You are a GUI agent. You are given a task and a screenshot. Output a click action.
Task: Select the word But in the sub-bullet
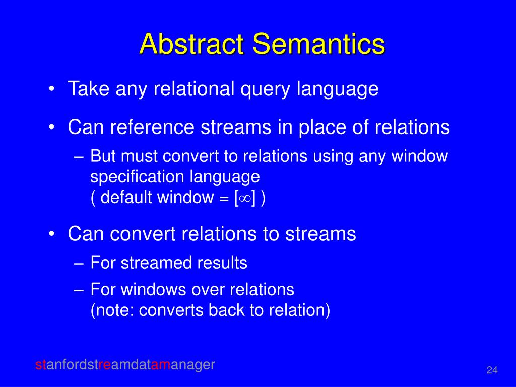[x=103, y=156]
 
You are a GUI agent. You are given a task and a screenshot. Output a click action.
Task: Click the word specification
[x=138, y=177]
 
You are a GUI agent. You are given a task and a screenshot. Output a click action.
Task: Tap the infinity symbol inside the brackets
[x=244, y=198]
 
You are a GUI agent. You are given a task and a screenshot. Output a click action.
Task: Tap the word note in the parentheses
[x=114, y=310]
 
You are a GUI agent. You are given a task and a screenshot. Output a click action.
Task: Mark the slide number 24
[x=492, y=371]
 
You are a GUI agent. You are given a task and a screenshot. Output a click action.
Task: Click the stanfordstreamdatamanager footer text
[x=125, y=364]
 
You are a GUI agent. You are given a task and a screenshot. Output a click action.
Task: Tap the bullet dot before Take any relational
[x=52, y=90]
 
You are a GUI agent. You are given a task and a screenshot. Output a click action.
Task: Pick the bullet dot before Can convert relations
[x=52, y=234]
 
